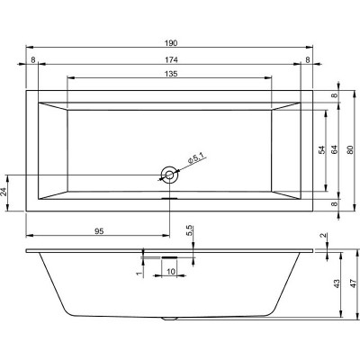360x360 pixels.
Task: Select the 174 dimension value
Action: [x=168, y=60]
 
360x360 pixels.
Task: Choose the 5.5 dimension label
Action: [x=189, y=232]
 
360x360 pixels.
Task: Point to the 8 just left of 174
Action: [x=32, y=60]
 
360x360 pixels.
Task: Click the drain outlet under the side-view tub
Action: [x=168, y=319]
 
